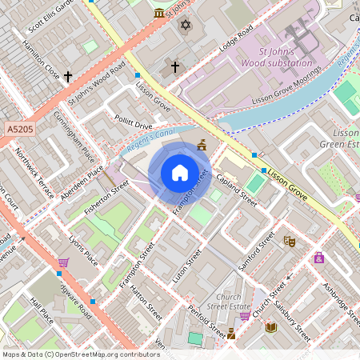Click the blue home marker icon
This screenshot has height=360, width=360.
[x=180, y=174]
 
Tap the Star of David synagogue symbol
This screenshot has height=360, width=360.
[x=186, y=26]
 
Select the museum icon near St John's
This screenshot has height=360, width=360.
[x=159, y=14]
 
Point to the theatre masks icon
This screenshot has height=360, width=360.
[x=290, y=240]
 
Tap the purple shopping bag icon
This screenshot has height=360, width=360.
[x=319, y=258]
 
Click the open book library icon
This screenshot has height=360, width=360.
[x=270, y=327]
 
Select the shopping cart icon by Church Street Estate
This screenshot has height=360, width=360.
[x=244, y=316]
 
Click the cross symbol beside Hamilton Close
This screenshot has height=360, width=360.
[x=68, y=77]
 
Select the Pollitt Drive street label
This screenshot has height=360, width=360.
[x=133, y=126]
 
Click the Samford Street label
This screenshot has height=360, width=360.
[x=256, y=250]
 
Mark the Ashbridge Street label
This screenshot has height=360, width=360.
[x=331, y=297]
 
